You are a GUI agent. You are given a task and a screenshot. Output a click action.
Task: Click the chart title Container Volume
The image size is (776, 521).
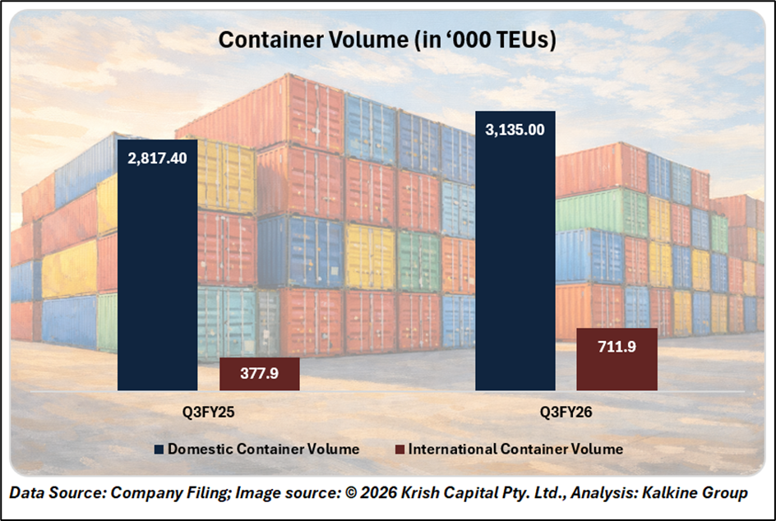(386, 39)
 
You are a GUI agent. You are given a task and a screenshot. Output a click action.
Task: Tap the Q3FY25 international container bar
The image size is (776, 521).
(260, 374)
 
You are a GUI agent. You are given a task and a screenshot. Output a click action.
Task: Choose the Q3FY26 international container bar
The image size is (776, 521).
(617, 359)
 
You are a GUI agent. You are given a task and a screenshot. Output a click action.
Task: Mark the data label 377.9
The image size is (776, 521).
(260, 374)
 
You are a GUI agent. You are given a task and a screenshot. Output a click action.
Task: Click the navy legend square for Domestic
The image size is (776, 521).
(159, 450)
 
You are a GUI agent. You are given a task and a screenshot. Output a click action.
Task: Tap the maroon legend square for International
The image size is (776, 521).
(400, 450)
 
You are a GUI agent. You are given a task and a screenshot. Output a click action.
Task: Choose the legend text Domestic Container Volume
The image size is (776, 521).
(263, 450)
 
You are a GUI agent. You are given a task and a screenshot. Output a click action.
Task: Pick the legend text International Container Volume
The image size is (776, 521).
(515, 450)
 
